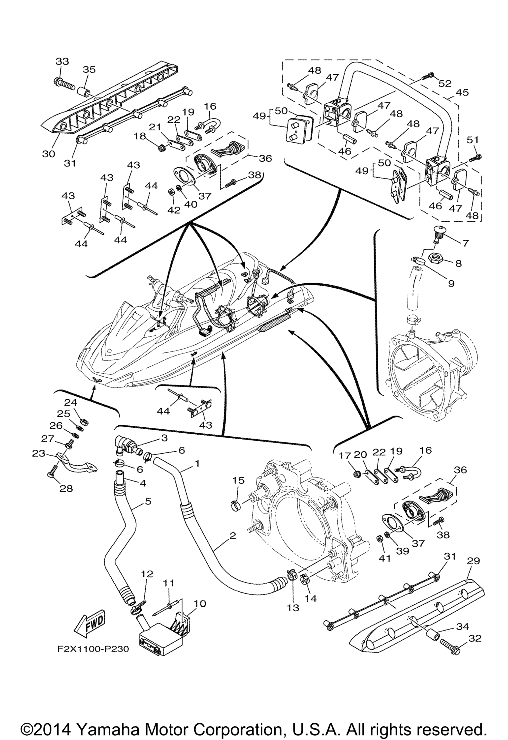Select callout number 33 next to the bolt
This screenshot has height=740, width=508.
pyautogui.click(x=62, y=61)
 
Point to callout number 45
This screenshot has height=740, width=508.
pyautogui.click(x=462, y=92)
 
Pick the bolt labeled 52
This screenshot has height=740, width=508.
pyautogui.click(x=427, y=76)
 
